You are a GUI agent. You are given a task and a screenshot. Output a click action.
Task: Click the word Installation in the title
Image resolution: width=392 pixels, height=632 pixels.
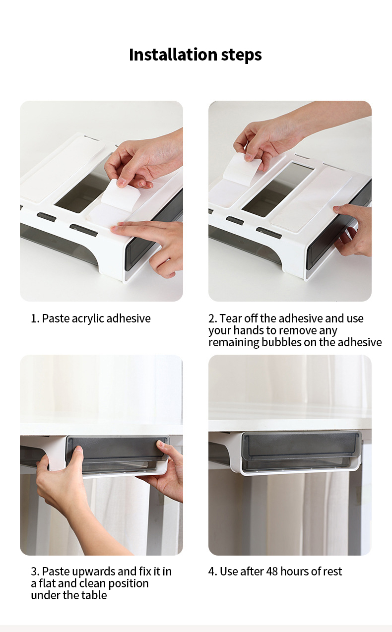165,55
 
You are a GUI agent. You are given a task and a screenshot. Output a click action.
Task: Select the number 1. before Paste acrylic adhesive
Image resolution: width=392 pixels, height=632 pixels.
35,318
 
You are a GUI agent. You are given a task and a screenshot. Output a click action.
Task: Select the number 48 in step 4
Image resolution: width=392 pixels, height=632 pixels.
272,571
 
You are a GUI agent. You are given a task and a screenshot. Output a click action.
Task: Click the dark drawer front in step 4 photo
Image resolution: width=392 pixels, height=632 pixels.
301,445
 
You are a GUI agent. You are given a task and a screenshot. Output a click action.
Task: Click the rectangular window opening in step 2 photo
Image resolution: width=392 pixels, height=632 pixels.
278,189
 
